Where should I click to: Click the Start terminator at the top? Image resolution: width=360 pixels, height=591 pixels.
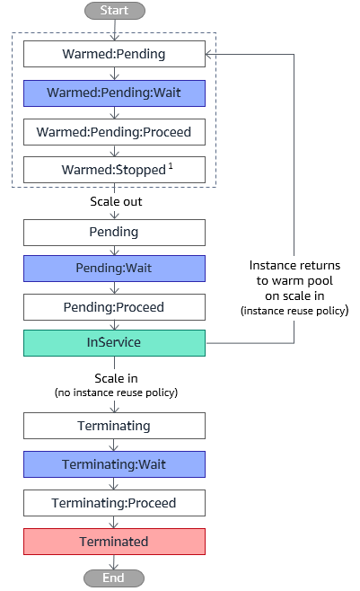(115, 11)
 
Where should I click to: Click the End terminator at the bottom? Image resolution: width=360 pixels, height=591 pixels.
(114, 578)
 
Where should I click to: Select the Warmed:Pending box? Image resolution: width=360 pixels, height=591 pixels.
(115, 54)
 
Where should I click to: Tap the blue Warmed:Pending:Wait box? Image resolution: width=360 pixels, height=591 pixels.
(115, 93)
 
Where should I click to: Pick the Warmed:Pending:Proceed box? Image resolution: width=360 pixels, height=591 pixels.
(115, 132)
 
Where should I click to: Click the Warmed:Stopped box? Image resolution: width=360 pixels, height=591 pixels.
(115, 170)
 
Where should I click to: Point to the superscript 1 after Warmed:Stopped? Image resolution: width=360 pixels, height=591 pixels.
(171, 166)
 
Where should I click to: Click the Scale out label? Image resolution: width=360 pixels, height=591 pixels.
(116, 202)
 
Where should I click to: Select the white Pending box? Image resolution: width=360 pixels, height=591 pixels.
(115, 233)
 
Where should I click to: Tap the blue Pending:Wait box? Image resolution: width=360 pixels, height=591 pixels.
(115, 269)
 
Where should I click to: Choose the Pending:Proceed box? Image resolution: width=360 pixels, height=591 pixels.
(115, 307)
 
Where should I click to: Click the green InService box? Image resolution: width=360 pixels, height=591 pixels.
(115, 343)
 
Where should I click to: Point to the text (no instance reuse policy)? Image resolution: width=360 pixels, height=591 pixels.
(116, 393)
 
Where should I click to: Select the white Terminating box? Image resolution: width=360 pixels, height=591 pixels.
(115, 426)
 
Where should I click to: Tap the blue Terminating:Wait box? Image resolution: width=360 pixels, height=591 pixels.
(115, 464)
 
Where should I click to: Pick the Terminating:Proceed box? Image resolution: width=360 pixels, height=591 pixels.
(115, 503)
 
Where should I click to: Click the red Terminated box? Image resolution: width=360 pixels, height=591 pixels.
(115, 542)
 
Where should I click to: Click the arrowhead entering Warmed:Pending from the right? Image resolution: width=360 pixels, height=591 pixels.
(208, 54)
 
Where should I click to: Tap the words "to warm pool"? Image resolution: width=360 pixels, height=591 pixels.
(294, 281)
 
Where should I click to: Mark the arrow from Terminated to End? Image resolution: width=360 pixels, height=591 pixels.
(114, 562)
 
